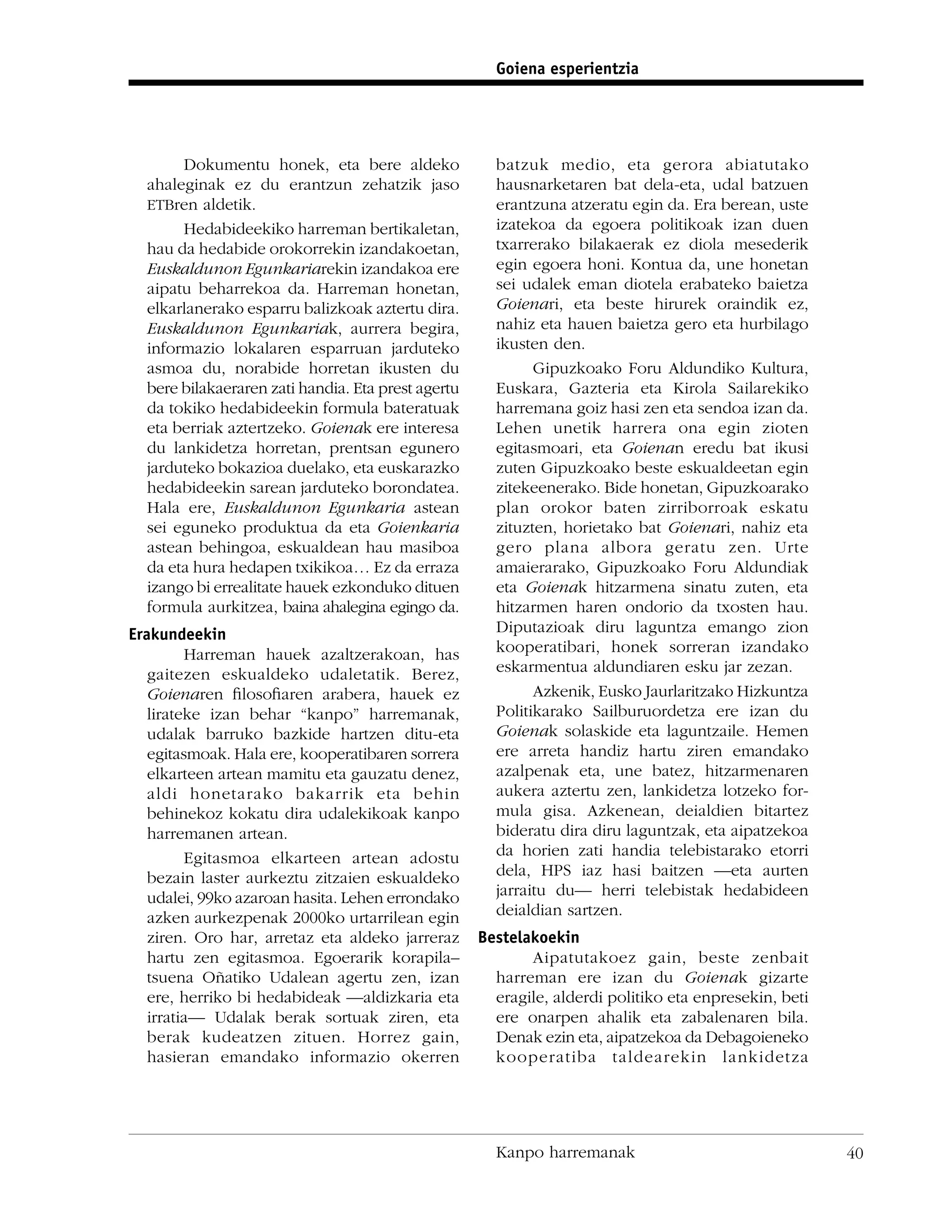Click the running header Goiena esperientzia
567,69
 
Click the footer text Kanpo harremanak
565,1153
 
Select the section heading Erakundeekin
177,634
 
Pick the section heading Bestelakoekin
528,937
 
